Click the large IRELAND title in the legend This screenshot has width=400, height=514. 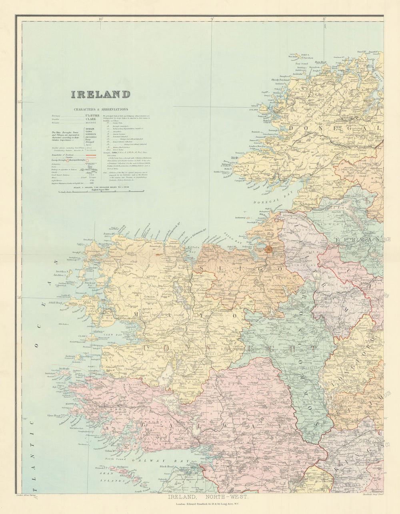[x=101, y=94]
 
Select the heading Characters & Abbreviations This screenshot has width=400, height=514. [x=101, y=109]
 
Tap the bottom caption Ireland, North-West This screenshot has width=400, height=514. [x=208, y=497]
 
